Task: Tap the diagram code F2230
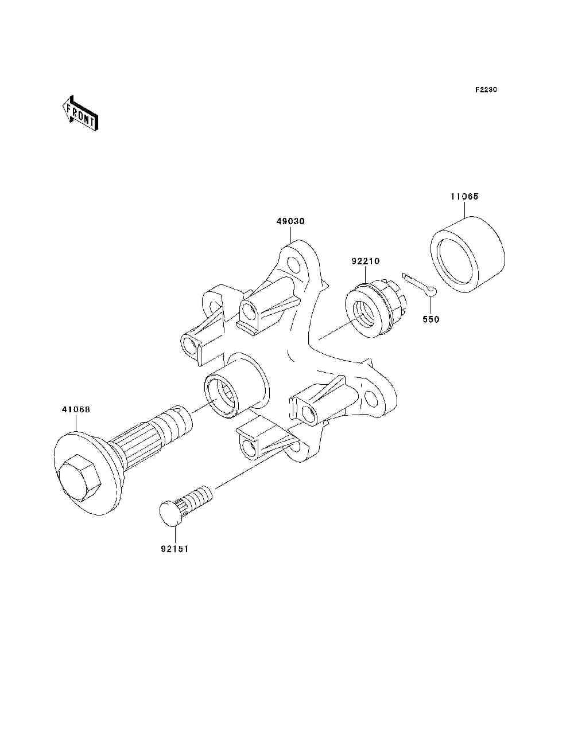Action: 486,90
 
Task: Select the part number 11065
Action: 464,197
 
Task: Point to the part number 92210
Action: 366,262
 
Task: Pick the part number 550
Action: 430,319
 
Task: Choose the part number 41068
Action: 76,410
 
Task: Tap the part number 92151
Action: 174,549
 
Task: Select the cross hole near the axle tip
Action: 180,411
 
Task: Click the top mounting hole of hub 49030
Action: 294,265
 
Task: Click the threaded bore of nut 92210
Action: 365,312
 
